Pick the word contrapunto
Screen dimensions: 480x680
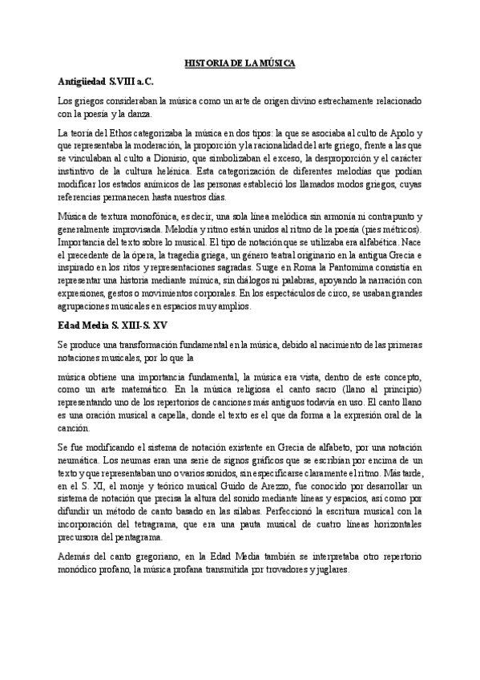[x=384, y=216]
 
